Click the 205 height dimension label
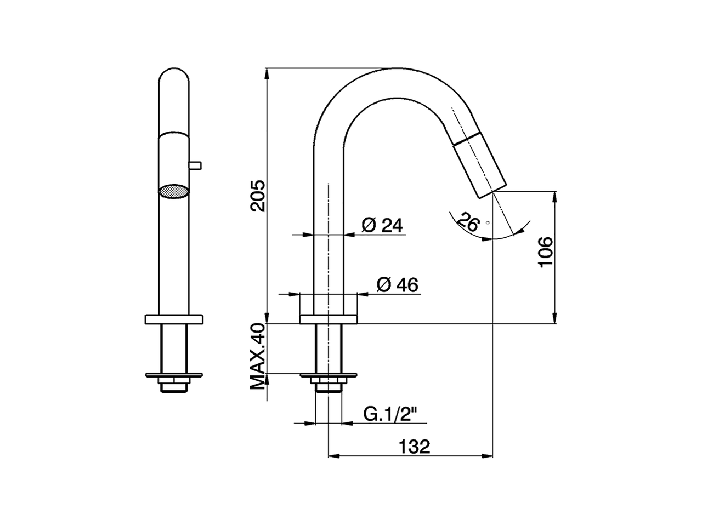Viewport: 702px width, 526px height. [258, 195]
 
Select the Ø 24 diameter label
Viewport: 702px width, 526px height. [382, 225]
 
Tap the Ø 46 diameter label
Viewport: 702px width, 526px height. [397, 284]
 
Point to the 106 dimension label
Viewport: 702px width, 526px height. [546, 252]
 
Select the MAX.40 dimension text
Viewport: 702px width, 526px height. [258, 357]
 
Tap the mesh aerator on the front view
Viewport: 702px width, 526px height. [173, 192]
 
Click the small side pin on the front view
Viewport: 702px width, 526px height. [195, 164]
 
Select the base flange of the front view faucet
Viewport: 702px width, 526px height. [174, 318]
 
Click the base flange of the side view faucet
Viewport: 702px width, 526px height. [328, 318]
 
